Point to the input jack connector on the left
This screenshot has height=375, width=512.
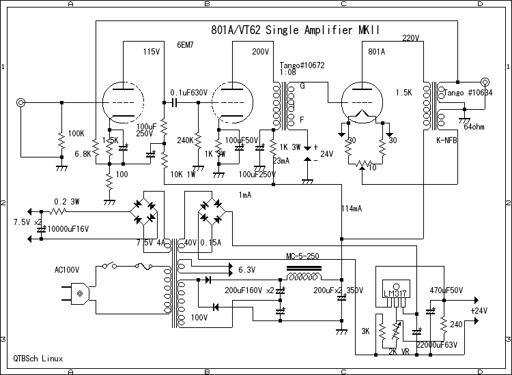pos(21,103)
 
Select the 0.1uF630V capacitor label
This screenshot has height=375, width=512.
pos(188,92)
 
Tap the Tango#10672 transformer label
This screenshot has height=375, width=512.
pos(302,65)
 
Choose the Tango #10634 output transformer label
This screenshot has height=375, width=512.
pos(471,91)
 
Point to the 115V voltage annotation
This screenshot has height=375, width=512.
pos(152,52)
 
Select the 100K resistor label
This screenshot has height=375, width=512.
pos(76,133)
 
